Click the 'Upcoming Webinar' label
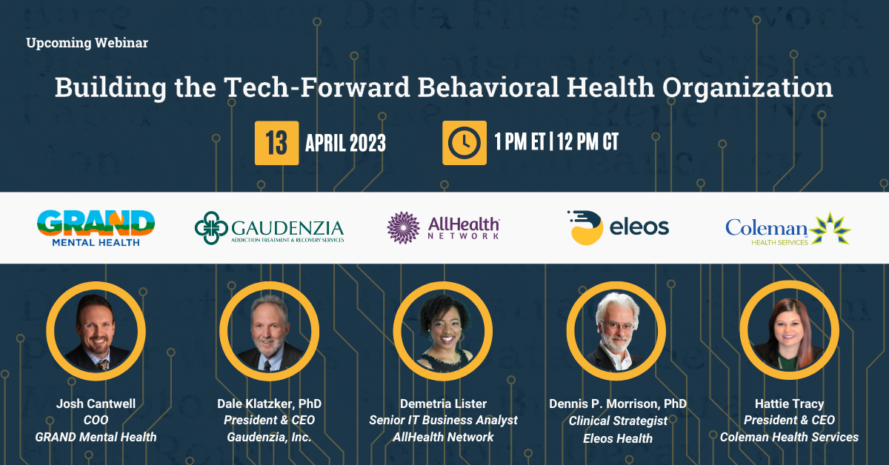pos(87,43)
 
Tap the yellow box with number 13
pos(276,142)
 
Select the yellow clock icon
pos(464,142)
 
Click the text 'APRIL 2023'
pos(345,143)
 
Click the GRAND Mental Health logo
pos(96,227)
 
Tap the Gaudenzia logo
pos(269,227)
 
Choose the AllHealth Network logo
pos(444,227)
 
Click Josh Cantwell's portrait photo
pos(96,329)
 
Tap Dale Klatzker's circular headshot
pos(269,329)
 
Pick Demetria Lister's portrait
pos(442,329)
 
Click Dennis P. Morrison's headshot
pos(616,329)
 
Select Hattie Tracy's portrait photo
pos(789,329)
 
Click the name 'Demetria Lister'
pos(443,404)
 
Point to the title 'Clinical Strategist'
pos(617,420)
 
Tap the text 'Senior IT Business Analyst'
pos(443,420)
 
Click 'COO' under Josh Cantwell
pos(96,420)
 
